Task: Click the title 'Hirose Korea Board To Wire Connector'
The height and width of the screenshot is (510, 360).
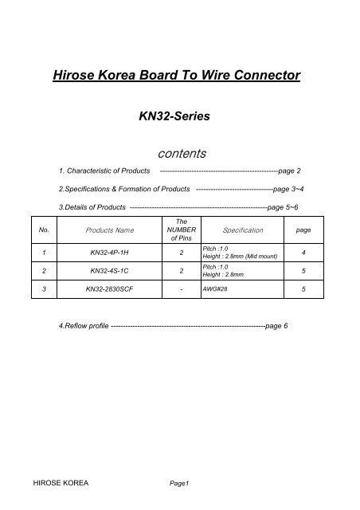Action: pos(175,76)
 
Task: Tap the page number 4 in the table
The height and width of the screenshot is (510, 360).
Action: pos(303,253)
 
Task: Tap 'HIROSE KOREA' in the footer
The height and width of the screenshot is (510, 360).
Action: pos(60,484)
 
